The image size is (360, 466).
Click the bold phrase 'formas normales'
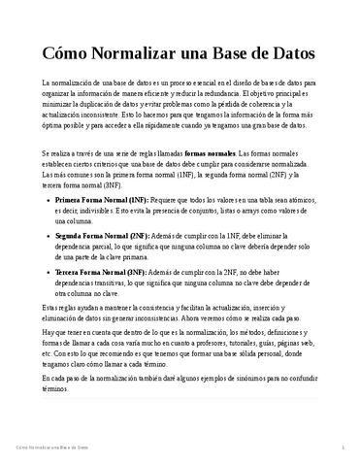pos(236,154)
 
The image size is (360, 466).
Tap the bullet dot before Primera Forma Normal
pos(48,199)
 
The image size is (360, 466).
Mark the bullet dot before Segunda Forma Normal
pos(48,237)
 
